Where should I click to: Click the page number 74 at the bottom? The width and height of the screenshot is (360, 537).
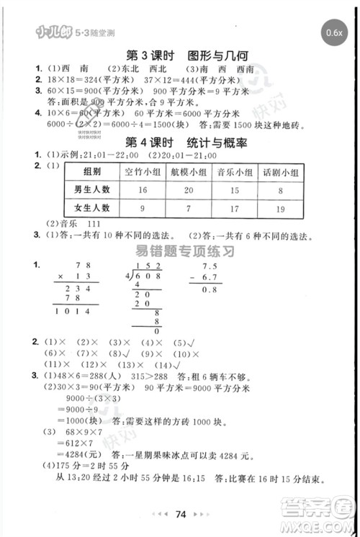tap(181, 514)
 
